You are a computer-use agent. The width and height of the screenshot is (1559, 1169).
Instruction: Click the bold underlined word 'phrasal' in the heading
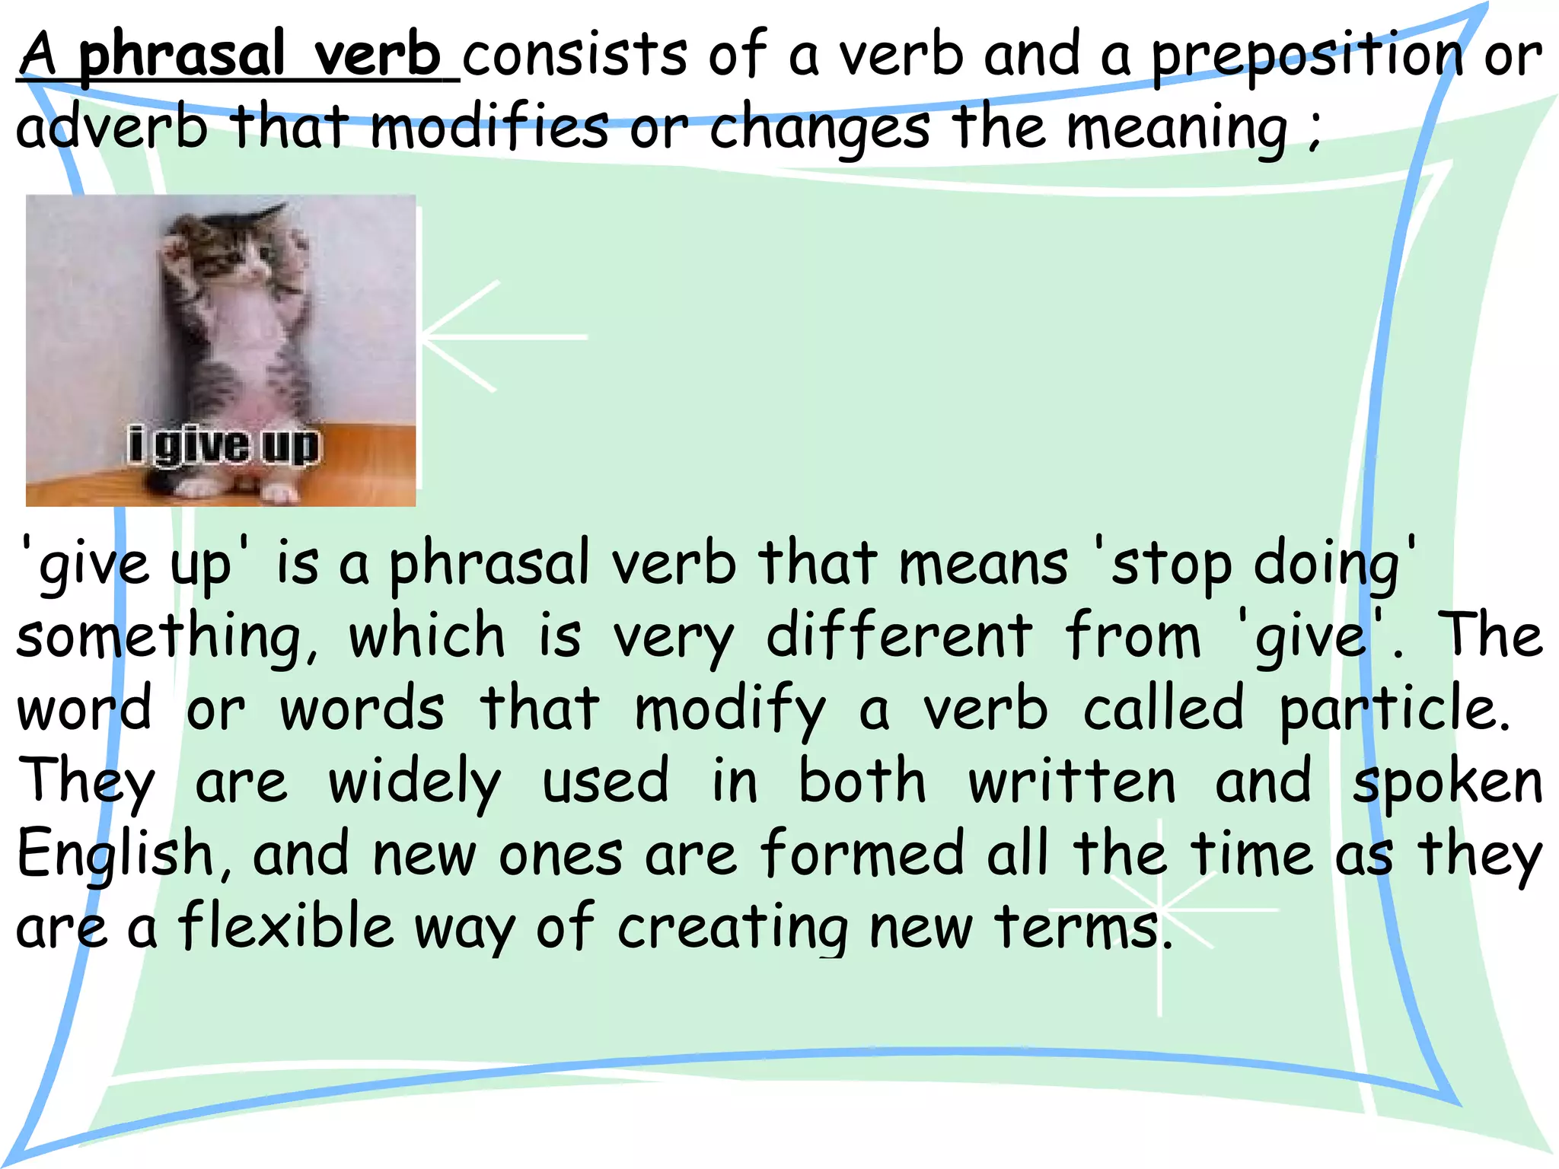click(181, 55)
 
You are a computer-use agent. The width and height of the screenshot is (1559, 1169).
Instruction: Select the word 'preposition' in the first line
click(1306, 56)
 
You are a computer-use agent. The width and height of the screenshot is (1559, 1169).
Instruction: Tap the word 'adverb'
click(111, 127)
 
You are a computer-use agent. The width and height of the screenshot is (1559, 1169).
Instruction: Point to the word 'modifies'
click(489, 126)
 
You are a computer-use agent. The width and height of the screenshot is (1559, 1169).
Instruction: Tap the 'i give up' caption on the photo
click(224, 446)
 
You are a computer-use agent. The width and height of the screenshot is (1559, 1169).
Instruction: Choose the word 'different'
click(899, 636)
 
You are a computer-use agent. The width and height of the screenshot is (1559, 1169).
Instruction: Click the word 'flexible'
click(286, 926)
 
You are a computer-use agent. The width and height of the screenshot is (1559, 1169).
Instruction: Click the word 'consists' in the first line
click(575, 55)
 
